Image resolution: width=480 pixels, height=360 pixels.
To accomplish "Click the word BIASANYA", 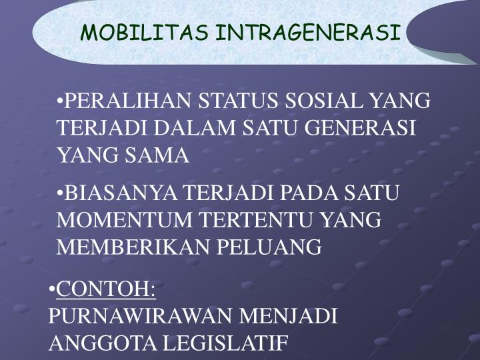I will click(123, 193).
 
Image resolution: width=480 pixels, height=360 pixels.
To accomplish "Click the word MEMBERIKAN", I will click(133, 247).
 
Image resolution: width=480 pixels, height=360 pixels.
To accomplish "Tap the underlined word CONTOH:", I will click(106, 290).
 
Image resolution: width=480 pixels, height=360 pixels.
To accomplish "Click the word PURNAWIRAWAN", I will click(140, 316).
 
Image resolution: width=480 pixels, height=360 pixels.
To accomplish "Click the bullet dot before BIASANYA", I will click(61, 194).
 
